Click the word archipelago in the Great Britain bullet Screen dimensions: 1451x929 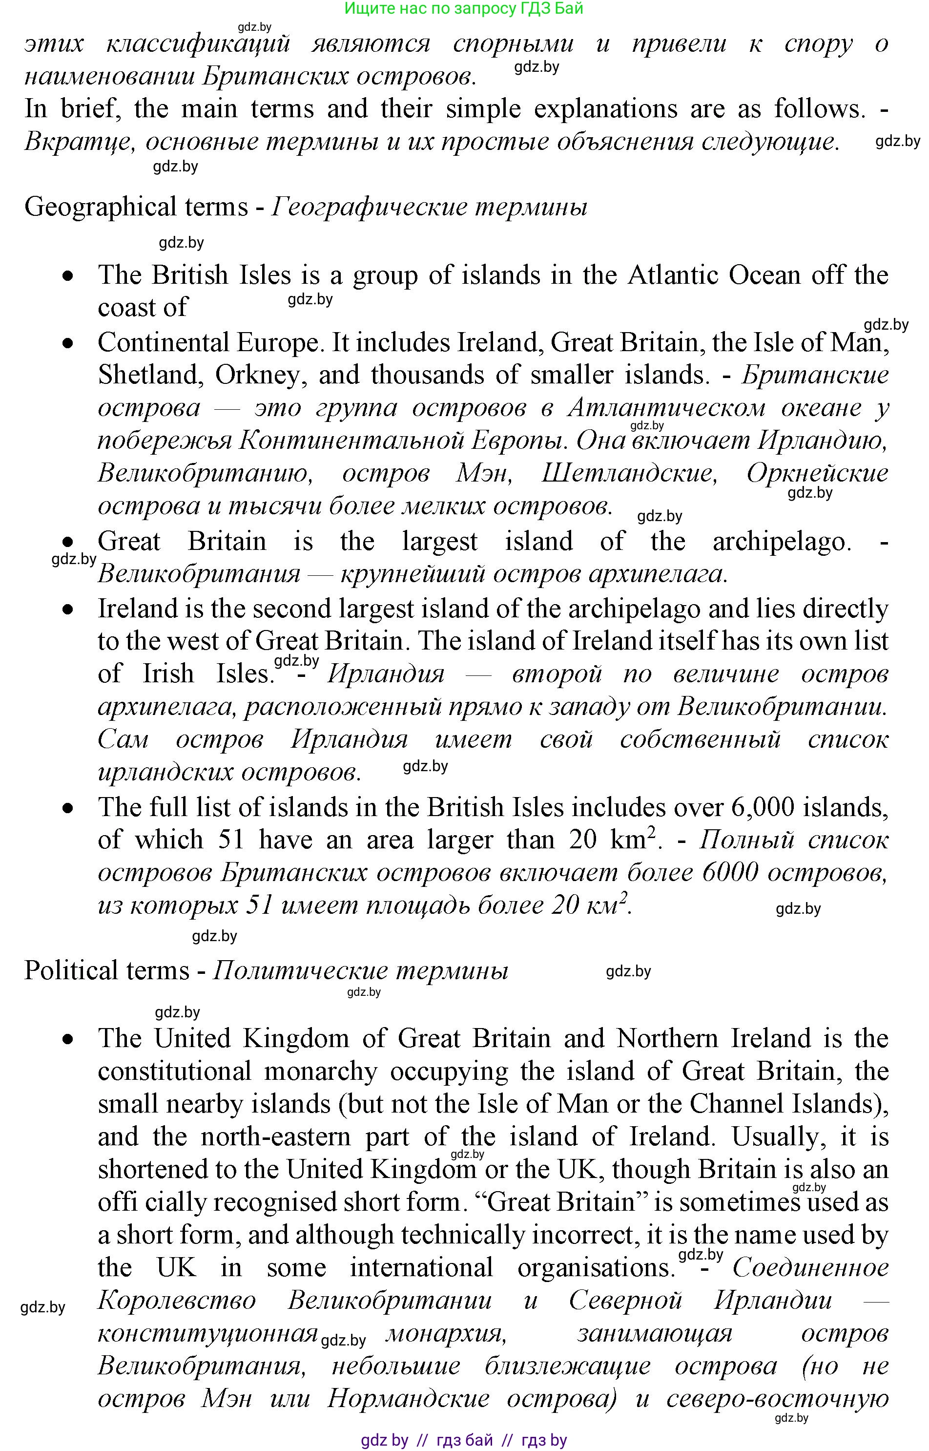(x=781, y=541)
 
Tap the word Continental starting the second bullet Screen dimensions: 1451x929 (x=163, y=343)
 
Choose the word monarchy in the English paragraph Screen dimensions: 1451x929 (x=320, y=1072)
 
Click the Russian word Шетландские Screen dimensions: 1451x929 (x=629, y=473)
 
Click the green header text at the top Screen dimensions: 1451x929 (x=463, y=8)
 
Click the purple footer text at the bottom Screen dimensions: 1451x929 (x=463, y=1440)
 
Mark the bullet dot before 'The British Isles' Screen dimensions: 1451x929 (x=69, y=276)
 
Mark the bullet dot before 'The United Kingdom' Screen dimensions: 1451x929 (x=69, y=1039)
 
